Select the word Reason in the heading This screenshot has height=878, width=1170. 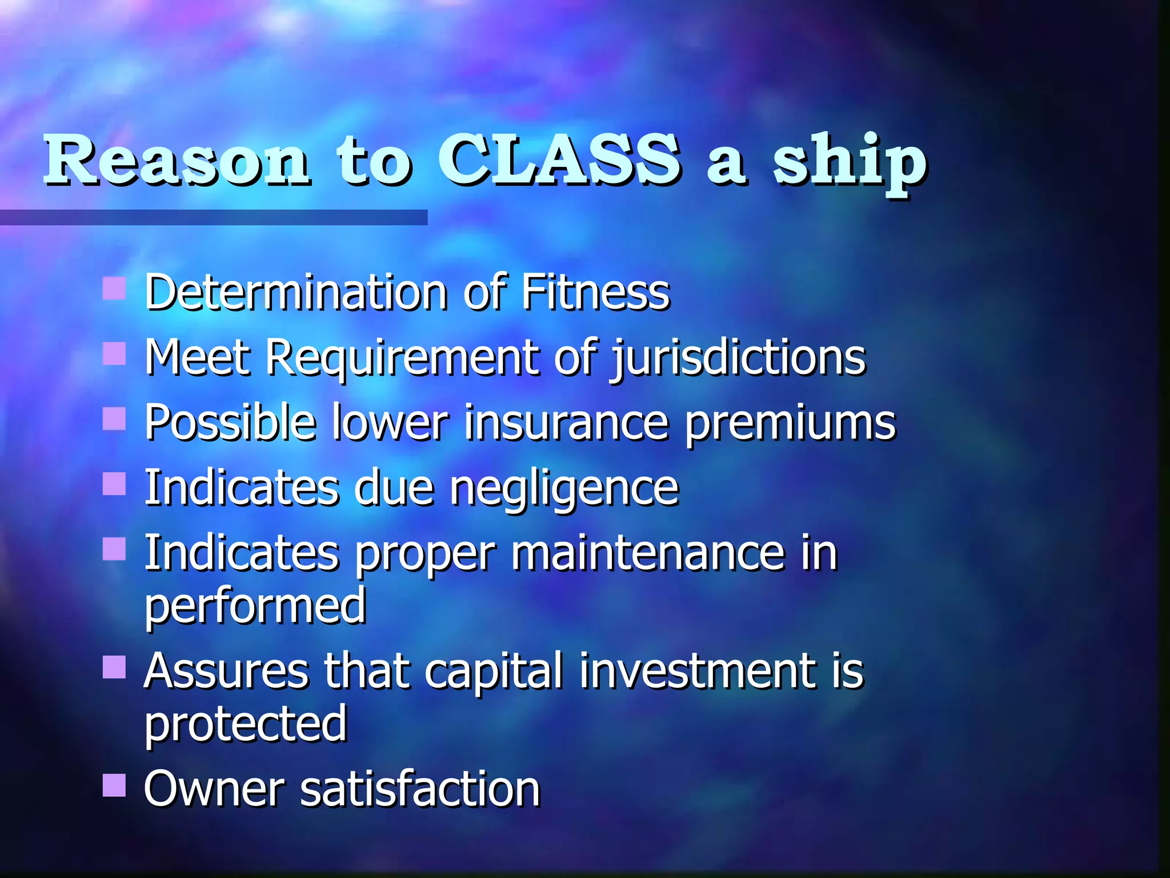[x=177, y=161]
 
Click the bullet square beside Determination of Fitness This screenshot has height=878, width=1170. [x=114, y=289]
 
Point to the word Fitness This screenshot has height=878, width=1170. [x=595, y=293]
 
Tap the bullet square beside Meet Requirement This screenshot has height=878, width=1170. [x=114, y=354]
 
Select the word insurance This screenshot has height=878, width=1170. [x=566, y=423]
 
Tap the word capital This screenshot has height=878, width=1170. [x=494, y=672]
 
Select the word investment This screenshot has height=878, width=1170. [x=698, y=671]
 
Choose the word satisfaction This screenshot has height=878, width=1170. [x=420, y=789]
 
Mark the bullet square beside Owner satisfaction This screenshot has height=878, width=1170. [x=114, y=785]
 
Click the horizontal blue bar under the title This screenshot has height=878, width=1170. [x=213, y=217]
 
